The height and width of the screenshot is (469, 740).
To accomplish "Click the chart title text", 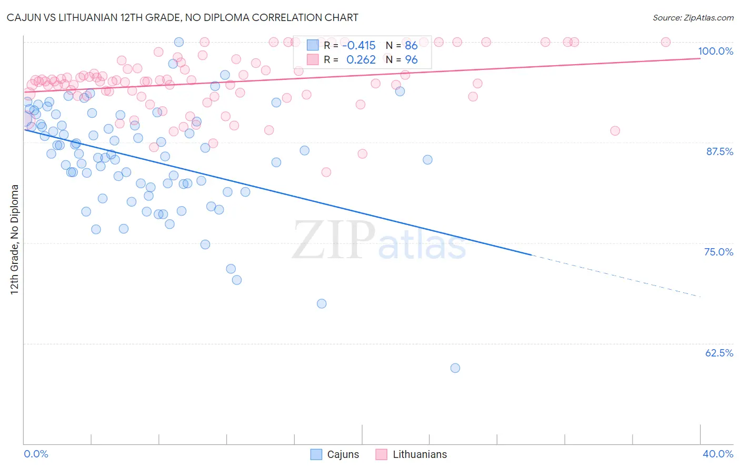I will coord(182,17).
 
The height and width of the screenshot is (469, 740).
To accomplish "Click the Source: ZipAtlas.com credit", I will coord(693,17).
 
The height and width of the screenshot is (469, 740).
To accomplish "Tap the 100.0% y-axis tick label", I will coord(715,51).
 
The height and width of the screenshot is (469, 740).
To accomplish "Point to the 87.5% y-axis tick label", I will coord(719,151).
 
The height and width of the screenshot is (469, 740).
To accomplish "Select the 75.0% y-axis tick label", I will coord(718,252).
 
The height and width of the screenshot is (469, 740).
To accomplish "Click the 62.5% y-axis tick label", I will coord(719,353).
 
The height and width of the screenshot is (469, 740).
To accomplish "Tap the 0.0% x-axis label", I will coord(36,454).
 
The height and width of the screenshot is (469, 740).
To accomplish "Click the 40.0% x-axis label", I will coord(717,454).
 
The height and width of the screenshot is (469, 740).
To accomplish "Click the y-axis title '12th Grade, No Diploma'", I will coord(15,239).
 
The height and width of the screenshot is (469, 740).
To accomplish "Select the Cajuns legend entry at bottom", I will coord(335,454).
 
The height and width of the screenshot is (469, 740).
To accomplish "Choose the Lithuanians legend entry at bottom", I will coord(411,454).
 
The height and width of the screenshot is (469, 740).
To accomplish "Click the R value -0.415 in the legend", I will coord(358,45).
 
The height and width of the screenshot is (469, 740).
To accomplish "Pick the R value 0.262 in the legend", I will coord(361,59).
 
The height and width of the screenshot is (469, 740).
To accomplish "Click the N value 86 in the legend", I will coord(411,45).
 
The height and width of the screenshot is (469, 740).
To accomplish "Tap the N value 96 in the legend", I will coord(411,59).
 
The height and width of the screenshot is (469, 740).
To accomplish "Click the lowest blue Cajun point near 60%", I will coord(455,368).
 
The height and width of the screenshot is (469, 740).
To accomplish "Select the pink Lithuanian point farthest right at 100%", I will coord(665,42).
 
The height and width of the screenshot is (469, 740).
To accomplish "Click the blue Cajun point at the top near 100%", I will coord(179,42).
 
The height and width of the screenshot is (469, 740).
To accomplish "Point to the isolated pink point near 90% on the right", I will coord(615,131).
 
